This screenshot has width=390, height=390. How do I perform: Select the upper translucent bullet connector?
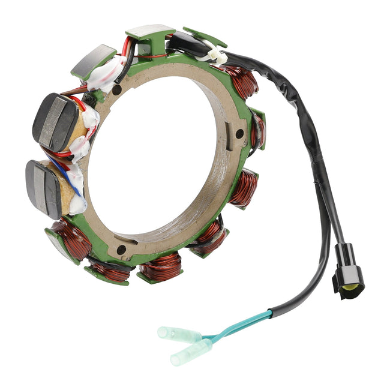[179, 334]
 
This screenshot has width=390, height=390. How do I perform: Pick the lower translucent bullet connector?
[190, 352]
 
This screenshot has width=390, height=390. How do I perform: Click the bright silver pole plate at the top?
[150, 32]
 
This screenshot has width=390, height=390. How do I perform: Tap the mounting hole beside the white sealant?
[118, 90]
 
